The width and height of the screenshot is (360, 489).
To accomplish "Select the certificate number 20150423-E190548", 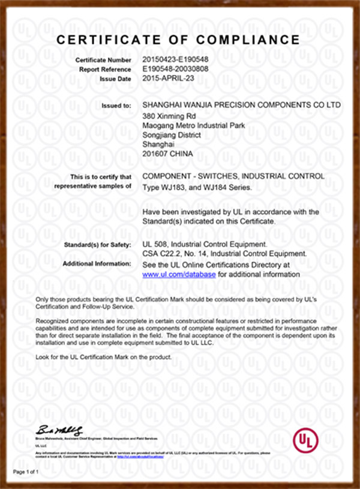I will click(x=175, y=61).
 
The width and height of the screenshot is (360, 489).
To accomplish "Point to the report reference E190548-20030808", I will click(x=176, y=70).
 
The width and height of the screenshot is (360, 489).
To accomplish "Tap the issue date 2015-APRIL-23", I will click(x=169, y=79).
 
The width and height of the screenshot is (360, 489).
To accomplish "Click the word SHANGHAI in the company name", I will click(x=167, y=105).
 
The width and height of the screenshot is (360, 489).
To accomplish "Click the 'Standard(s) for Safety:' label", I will click(x=97, y=245).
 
